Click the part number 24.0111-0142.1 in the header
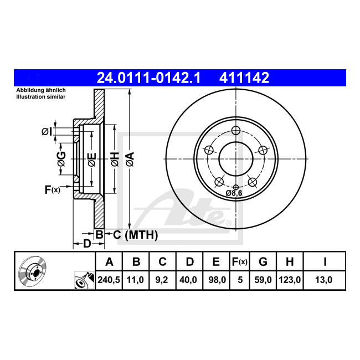point(149,78)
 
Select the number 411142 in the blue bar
point(244,78)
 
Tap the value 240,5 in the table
point(109,280)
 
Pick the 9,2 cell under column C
point(162,280)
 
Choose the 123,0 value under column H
point(290,280)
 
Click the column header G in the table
point(263,261)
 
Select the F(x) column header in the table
point(240,261)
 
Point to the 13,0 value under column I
point(324,280)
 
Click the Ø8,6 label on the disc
point(234,193)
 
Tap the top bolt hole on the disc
point(236,130)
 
